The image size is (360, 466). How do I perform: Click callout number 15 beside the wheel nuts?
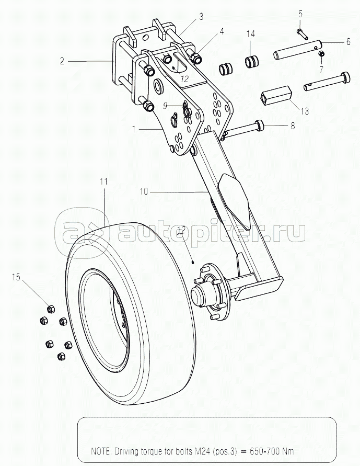(x=16, y=277)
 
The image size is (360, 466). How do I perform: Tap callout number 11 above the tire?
(x=103, y=181)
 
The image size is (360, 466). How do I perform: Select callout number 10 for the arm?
(x=143, y=191)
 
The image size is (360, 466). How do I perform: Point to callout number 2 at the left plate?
(x=62, y=61)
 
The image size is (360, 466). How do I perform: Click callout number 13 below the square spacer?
(x=305, y=111)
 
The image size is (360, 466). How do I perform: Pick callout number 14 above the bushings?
(x=251, y=33)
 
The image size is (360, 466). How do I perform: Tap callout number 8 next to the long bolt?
(x=293, y=126)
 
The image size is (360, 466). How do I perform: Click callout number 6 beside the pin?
(x=348, y=42)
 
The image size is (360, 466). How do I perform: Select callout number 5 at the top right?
(x=300, y=14)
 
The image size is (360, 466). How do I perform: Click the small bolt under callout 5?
(x=302, y=33)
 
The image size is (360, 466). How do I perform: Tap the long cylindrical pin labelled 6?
(x=298, y=50)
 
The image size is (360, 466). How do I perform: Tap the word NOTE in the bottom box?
(x=100, y=451)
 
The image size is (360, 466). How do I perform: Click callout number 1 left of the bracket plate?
(x=134, y=129)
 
